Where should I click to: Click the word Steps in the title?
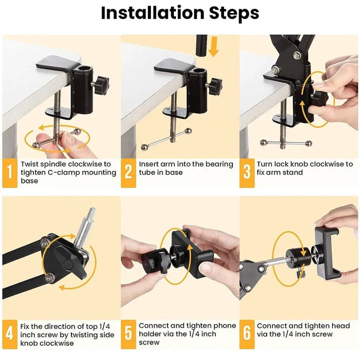coord(233,13)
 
